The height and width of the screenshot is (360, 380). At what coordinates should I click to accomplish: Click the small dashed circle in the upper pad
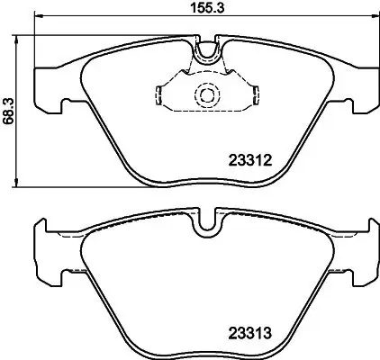tap(205, 94)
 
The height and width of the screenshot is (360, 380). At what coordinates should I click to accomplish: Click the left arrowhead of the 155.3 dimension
tap(38, 20)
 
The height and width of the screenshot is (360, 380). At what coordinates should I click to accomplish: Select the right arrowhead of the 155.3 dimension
tap(374, 20)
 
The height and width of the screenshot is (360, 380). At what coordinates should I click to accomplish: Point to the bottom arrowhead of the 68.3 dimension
tap(20, 184)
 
